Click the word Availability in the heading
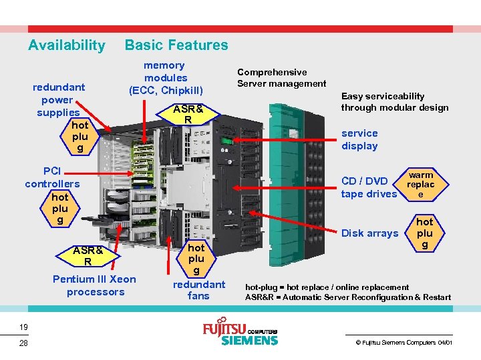tap(66, 45)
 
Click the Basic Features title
tap(176, 45)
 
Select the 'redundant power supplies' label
tap(59, 99)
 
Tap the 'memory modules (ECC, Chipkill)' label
tap(165, 77)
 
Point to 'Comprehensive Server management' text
tap(281, 77)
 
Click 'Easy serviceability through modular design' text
tap(394, 101)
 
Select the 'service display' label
tap(359, 139)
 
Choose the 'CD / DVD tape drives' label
tap(369, 187)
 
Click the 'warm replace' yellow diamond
tap(421, 184)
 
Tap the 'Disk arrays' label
tap(369, 233)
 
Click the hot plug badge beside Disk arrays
tap(425, 233)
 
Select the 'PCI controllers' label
tap(52, 177)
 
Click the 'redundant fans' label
tap(198, 290)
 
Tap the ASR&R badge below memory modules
tap(188, 114)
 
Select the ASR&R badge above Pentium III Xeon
tap(88, 256)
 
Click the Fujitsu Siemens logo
tap(240, 334)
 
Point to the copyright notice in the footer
tap(404, 342)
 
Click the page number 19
tap(23, 327)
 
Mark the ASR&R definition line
tap(347, 297)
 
